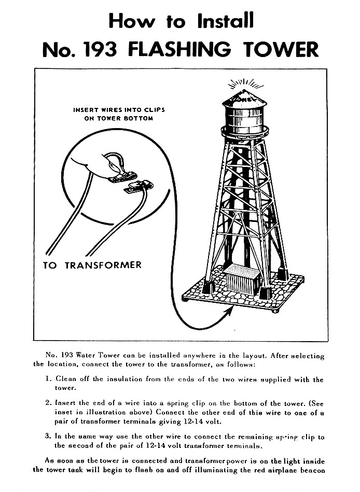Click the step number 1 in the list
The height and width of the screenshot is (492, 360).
point(47,379)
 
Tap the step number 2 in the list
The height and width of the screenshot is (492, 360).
point(47,402)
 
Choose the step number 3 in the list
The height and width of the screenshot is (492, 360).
point(47,437)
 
